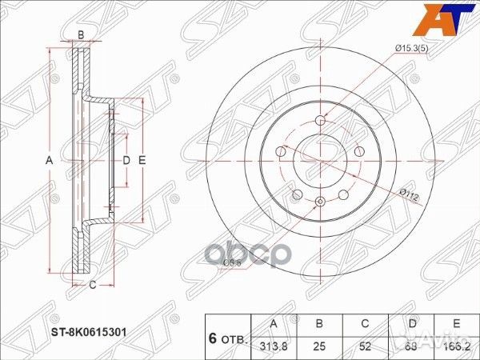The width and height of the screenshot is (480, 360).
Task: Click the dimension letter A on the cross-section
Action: click(x=49, y=161)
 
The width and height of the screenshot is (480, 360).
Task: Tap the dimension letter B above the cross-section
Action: click(x=81, y=34)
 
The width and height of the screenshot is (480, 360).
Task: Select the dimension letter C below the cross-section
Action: click(x=93, y=285)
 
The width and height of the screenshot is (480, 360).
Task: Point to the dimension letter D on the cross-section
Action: click(x=126, y=161)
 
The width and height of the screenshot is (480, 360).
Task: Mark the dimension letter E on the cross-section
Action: click(x=142, y=161)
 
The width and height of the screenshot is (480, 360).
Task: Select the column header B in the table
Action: click(x=319, y=325)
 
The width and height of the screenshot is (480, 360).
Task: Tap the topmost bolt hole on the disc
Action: click(x=320, y=122)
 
